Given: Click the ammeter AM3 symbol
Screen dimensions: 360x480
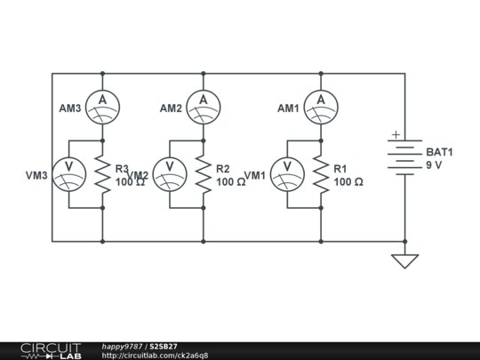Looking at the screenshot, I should pos(102,107).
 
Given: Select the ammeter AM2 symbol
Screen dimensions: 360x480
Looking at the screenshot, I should pos(204,107).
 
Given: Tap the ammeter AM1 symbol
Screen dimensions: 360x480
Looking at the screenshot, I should pos(321,107).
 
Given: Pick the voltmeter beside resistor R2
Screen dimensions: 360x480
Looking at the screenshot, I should pos(170,174).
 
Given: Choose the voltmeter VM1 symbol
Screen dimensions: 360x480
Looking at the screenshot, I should pos(287,174).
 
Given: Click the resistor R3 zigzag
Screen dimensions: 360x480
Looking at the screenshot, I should pos(102,174).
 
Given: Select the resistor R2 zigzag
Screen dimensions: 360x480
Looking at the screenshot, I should pos(204,174).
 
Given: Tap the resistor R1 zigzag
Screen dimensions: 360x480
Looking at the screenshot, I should pos(321,174).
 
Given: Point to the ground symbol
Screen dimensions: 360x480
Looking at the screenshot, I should pos(404,260).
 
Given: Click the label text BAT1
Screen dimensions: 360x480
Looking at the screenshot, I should pos(439,152).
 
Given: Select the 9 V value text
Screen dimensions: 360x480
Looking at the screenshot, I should pos(434,165).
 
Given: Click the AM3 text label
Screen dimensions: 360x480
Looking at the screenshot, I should pos(70,108).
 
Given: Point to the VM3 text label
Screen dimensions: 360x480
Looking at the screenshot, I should pos(37,176).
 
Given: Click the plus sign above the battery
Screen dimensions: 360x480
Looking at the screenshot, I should pos(396,136).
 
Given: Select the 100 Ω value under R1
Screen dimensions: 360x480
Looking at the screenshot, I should pos(348,181).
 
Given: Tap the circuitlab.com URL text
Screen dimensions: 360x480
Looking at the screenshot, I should pos(155,356).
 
